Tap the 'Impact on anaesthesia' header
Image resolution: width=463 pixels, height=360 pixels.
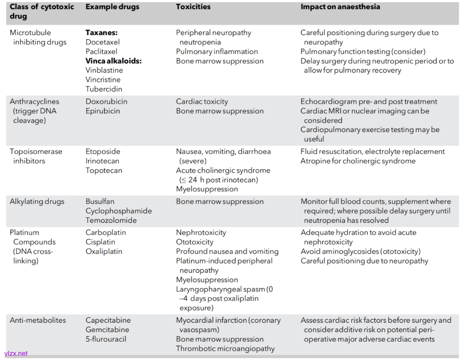pyautogui.click(x=340, y=7)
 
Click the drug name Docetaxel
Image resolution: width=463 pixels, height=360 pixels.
pyautogui.click(x=102, y=42)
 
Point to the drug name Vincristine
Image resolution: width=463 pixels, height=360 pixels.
pyautogui.click(x=103, y=80)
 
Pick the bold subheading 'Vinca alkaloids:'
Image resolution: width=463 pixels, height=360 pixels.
pyautogui.click(x=114, y=61)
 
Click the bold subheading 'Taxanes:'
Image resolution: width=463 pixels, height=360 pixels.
pyautogui.click(x=102, y=33)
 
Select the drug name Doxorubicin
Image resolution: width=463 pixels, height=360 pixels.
pyautogui.click(x=106, y=102)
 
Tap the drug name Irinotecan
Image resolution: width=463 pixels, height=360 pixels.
pyautogui.click(x=102, y=161)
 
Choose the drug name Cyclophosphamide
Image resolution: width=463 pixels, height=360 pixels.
pyautogui.click(x=119, y=211)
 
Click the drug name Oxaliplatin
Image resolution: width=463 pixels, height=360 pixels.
pyautogui.click(x=104, y=251)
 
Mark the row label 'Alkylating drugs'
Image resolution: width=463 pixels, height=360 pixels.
pyautogui.click(x=37, y=201)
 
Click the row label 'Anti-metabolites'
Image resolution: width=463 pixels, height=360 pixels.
pyautogui.click(x=38, y=320)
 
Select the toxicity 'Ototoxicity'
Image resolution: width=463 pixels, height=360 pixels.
pyautogui.click(x=195, y=242)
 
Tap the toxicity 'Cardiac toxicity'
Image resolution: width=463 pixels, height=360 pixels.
pyautogui.click(x=202, y=102)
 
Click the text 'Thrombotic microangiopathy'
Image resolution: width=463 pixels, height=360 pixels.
pyautogui.click(x=225, y=348)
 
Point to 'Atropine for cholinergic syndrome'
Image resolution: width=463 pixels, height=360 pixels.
pyautogui.click(x=358, y=161)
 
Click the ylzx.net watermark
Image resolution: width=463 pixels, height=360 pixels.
pyautogui.click(x=16, y=354)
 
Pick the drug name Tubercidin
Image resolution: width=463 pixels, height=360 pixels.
pyautogui.click(x=104, y=89)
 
